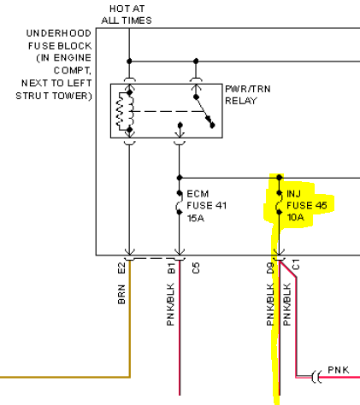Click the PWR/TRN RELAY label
(248, 95)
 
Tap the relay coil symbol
(125, 111)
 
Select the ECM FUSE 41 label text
(207, 200)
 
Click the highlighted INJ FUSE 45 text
(307, 200)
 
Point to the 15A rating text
(196, 218)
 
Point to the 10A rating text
(295, 217)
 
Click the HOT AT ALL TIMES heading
(127, 15)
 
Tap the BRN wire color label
(121, 294)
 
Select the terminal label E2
(121, 268)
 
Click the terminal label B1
(171, 268)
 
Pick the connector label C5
(196, 268)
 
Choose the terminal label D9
(270, 268)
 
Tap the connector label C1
(296, 264)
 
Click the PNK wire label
(339, 370)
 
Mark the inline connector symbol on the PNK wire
(316, 377)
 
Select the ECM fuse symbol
(179, 202)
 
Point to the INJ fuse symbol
(279, 202)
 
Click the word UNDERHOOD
(59, 33)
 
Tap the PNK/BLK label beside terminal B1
(170, 304)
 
